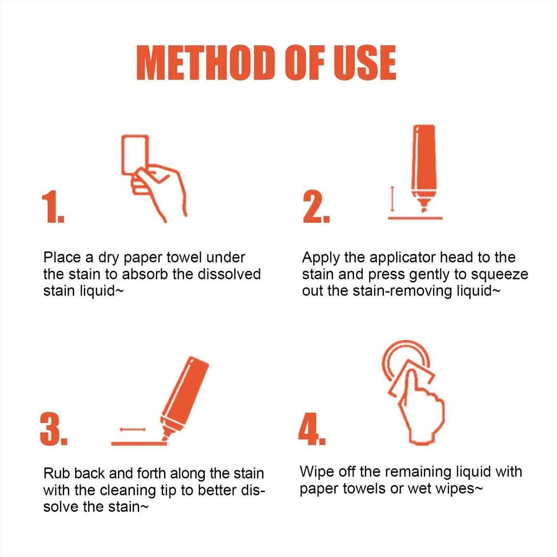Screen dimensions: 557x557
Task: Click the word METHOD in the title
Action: pos(205,62)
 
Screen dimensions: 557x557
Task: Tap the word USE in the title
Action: pos(364,62)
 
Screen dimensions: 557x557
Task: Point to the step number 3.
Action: pos(53,429)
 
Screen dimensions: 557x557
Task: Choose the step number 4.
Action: pos(312,429)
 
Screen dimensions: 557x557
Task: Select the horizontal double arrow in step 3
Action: pos(132,429)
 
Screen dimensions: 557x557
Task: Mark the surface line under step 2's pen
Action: pos(415,218)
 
